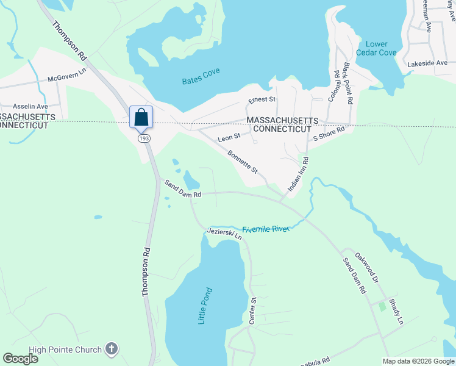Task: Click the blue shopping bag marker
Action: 141,117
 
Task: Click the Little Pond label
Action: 205,306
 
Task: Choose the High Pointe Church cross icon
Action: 111,348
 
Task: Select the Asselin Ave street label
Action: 21,105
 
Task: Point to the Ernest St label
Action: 263,99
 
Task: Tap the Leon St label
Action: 229,138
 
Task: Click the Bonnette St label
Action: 243,162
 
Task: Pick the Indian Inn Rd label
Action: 298,176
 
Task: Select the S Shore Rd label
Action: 329,133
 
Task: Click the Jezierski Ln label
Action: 224,234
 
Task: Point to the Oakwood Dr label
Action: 368,268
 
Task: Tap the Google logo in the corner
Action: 21,359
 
